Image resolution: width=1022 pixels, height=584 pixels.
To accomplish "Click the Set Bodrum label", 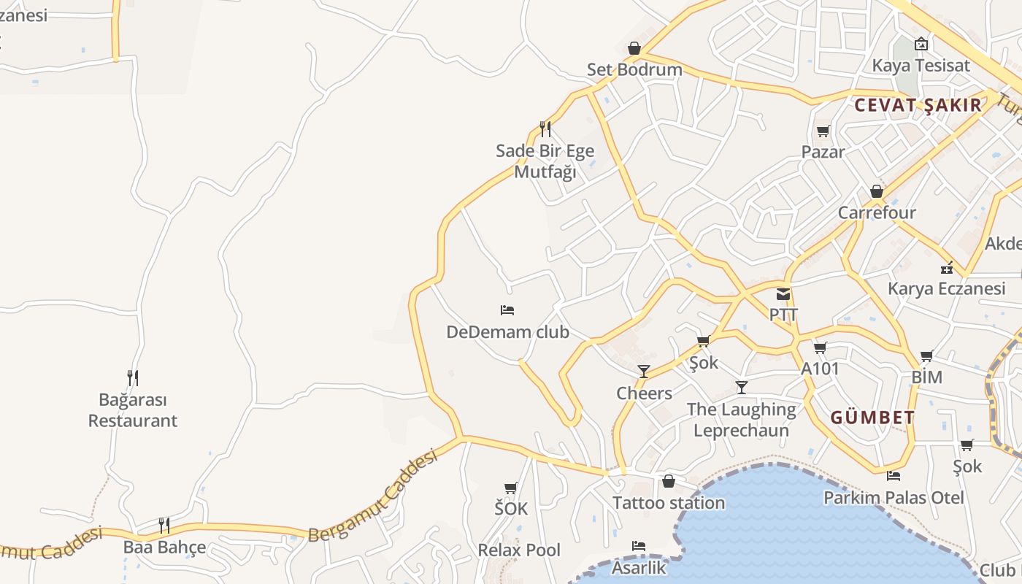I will [x=634, y=70].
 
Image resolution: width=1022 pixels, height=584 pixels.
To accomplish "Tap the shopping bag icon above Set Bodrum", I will [x=634, y=48].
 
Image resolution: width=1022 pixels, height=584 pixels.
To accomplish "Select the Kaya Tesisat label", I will [x=921, y=66].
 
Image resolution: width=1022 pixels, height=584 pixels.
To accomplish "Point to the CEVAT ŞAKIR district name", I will [x=918, y=105].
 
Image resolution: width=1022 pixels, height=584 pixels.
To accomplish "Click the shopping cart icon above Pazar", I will [x=823, y=131].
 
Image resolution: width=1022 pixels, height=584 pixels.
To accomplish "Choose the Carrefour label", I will [x=876, y=213].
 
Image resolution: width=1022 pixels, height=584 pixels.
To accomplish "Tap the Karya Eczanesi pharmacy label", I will [x=946, y=288].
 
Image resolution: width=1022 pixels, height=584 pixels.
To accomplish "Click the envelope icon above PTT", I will [x=783, y=295].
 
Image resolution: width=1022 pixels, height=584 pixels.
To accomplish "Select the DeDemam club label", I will [x=507, y=332].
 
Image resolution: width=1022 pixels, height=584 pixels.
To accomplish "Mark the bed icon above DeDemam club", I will [x=507, y=310].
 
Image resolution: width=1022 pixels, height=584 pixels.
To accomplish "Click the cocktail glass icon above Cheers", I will [x=643, y=372].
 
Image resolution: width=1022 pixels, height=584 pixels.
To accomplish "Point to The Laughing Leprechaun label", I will [x=741, y=420].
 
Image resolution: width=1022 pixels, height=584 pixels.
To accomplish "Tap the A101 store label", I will [x=821, y=369].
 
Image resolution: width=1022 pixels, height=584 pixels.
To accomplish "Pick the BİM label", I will [x=926, y=377].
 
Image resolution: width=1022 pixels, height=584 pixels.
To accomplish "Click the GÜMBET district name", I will [x=872, y=418].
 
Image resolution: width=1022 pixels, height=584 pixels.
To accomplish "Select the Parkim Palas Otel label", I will [x=894, y=498].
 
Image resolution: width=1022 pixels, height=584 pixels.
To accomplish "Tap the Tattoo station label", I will [x=668, y=503].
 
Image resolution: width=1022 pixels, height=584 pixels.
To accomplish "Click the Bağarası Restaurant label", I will [x=133, y=410].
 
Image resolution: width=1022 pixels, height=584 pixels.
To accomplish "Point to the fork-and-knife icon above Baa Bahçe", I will [x=164, y=526].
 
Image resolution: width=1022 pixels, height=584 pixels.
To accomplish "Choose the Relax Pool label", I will [x=519, y=550].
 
